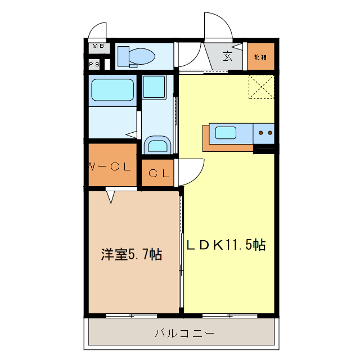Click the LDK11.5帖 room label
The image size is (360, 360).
[x=226, y=245]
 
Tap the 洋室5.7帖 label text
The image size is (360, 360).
[x=132, y=255]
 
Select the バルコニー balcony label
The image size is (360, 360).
[x=184, y=334]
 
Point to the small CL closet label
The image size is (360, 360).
[x=158, y=174]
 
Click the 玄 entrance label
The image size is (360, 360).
[x=228, y=56]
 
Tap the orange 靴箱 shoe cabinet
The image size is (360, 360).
[x=260, y=57]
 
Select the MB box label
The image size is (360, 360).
[x=98, y=46]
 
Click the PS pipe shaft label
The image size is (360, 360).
[x=94, y=65]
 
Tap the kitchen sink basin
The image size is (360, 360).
[x=226, y=133]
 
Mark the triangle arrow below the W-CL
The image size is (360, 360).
[x=111, y=197]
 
